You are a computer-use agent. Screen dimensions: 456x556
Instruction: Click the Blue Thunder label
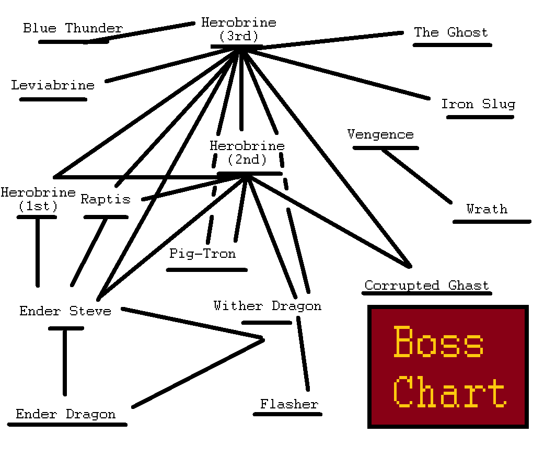[73, 28]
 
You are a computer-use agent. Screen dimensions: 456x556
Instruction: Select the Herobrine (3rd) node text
[238, 29]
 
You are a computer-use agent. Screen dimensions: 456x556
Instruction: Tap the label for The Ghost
[450, 32]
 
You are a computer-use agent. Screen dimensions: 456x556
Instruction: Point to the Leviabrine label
[53, 85]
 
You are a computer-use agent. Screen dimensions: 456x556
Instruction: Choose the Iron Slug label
[478, 104]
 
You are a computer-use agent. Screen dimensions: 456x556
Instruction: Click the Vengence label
[380, 134]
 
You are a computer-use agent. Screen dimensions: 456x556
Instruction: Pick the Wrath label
[487, 209]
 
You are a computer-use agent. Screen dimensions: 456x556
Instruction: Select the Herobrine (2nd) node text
[247, 153]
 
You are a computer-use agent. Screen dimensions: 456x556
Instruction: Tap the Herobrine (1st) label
[38, 199]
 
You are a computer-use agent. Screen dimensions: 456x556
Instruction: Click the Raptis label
[105, 199]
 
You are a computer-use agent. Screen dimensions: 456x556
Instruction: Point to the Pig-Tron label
[202, 254]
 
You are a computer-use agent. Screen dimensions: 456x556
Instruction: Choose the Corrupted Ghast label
[426, 286]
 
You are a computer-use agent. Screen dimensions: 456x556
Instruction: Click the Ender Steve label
[65, 311]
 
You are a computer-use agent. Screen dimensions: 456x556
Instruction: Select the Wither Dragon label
[267, 306]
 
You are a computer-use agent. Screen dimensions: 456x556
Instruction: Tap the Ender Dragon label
[65, 415]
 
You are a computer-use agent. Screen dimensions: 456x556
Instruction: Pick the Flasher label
[289, 404]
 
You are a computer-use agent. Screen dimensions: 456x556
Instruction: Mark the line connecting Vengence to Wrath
[416, 176]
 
